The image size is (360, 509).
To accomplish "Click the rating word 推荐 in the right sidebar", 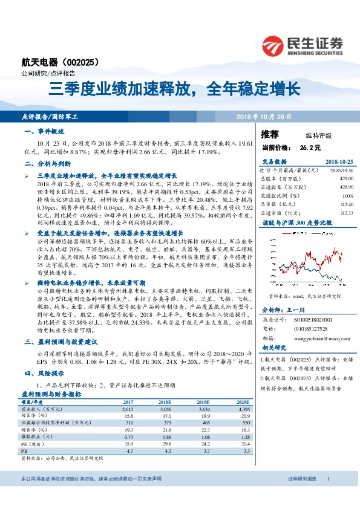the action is pyautogui.click(x=269, y=134).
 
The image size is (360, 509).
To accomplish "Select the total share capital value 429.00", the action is pyautogui.click(x=346, y=180).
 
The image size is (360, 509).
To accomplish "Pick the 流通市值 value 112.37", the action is pyautogui.click(x=346, y=212).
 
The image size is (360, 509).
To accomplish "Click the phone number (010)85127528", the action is pyautogui.click(x=311, y=329).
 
